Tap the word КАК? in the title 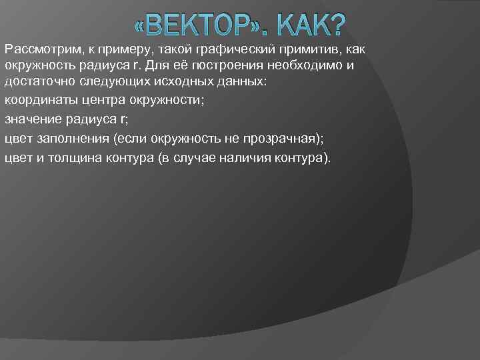pyautogui.click(x=309, y=27)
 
